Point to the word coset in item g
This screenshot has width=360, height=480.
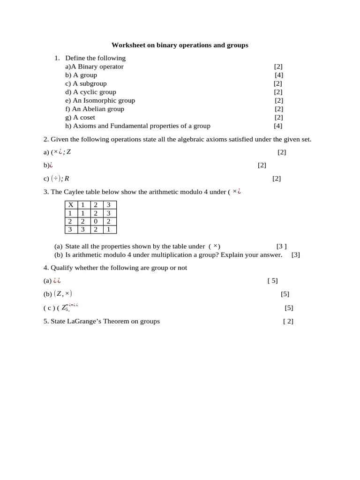[x=87, y=117]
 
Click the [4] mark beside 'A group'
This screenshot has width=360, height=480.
[x=279, y=75]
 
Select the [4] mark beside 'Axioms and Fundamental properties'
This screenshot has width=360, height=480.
[x=278, y=126]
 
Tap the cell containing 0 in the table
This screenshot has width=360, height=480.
[x=96, y=221]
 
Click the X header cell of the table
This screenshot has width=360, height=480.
[x=71, y=205]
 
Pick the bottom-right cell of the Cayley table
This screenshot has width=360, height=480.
[x=109, y=230]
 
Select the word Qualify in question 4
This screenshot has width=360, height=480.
[x=62, y=268]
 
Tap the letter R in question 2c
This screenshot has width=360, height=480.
[x=67, y=179]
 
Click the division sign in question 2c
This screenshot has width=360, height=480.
[x=56, y=179]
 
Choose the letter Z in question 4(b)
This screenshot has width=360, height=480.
[x=59, y=294]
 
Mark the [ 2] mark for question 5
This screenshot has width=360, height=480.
[x=288, y=321]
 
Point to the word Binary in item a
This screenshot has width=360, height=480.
[x=88, y=67]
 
